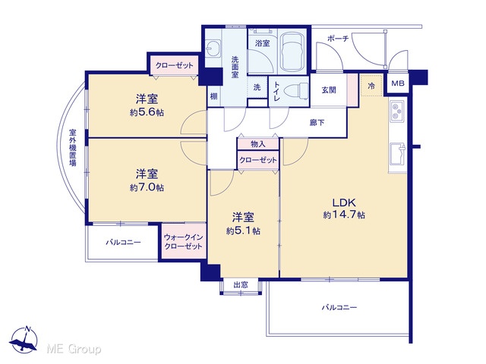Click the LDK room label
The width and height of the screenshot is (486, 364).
point(344,202)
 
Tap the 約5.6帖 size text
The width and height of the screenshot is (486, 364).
point(147,112)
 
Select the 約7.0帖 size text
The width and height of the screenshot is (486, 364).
point(147,187)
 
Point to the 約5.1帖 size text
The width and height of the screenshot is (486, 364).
point(243,231)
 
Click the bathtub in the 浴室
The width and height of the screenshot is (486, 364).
point(292,52)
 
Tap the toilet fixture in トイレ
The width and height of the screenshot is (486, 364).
point(297,91)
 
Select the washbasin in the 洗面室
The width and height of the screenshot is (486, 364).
point(213,49)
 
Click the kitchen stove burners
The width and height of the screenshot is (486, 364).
point(396,111)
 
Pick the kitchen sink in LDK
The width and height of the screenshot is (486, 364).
point(398,154)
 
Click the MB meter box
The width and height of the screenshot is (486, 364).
point(398,83)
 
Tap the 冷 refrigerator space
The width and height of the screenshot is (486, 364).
point(371,86)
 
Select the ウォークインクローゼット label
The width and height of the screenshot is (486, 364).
point(184,242)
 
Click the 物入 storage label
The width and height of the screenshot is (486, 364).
point(258,144)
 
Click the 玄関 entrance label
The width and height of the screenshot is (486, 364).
point(329,90)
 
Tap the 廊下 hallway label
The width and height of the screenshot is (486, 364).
point(317,123)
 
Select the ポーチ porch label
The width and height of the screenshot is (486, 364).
point(338,39)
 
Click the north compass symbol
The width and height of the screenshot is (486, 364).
point(24,340)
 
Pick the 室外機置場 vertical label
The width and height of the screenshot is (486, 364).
point(73,148)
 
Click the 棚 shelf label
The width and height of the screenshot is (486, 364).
point(214,96)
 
